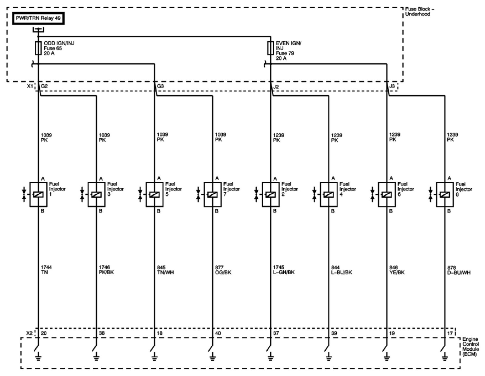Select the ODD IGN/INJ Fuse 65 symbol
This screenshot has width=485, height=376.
(38, 48)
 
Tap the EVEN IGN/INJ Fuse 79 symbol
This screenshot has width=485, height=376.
(270, 48)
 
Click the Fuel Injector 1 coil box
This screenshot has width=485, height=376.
(38, 194)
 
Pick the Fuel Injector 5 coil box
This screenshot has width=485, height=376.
(154, 194)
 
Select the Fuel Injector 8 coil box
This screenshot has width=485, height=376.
(445, 194)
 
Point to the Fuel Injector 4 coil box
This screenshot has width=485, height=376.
(329, 194)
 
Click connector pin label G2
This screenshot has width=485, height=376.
(44, 86)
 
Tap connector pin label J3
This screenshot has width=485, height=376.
(392, 86)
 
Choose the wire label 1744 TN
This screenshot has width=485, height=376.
(46, 270)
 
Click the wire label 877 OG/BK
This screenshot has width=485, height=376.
(223, 270)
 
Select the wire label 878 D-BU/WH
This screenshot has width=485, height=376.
(458, 270)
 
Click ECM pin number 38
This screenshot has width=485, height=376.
(102, 333)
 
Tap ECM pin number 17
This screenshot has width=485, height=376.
(450, 333)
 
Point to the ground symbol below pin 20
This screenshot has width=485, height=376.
(38, 358)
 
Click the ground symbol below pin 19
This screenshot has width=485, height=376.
(387, 358)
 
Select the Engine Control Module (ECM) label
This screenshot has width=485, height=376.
(470, 347)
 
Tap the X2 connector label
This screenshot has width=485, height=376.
(29, 333)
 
